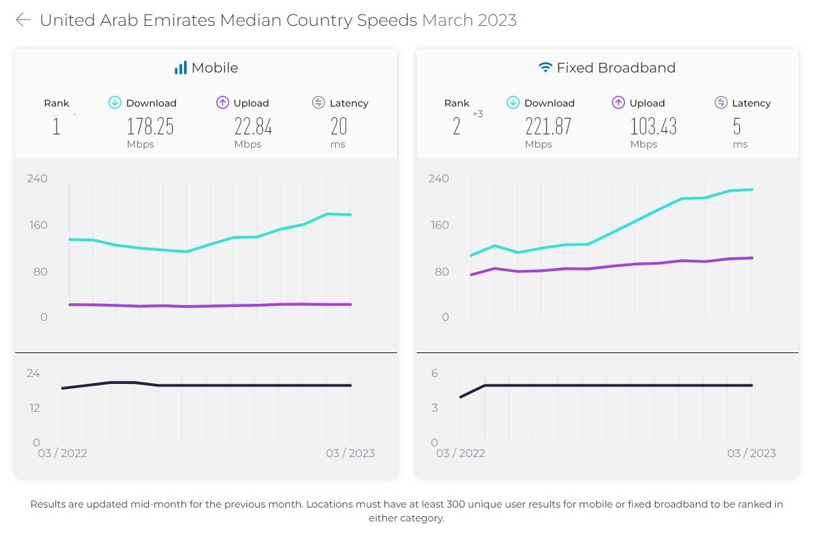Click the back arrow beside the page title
tap(23, 20)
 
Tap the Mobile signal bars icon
tap(181, 68)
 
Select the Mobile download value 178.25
tap(150, 127)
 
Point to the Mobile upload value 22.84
tap(253, 127)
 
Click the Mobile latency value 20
tap(339, 127)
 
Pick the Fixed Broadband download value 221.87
tap(548, 127)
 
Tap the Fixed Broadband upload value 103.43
tap(654, 127)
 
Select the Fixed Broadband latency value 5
tap(737, 127)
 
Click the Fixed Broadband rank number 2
tap(457, 127)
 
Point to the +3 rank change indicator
tap(478, 114)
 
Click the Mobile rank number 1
tap(56, 127)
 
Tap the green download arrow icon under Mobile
tap(115, 103)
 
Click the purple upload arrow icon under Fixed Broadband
tap(618, 103)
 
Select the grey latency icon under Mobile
tap(318, 103)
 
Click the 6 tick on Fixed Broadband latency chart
tap(435, 373)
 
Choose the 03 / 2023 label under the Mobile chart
tap(350, 453)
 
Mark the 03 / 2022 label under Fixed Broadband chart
tap(461, 453)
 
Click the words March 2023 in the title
tap(470, 20)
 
